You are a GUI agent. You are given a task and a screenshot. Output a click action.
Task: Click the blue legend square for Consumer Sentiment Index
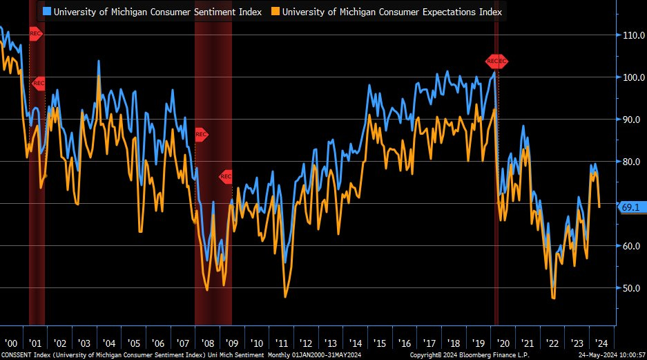[47, 12]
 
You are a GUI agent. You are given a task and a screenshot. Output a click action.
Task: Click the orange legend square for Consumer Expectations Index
[275, 12]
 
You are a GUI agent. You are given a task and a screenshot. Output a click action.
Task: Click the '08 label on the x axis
[208, 343]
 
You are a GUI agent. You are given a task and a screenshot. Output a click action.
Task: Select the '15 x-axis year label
[380, 343]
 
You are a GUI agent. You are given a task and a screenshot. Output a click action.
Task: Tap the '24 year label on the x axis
[601, 343]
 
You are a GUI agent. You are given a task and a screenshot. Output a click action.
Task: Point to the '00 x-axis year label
[11, 343]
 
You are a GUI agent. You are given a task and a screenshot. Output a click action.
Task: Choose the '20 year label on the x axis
[503, 343]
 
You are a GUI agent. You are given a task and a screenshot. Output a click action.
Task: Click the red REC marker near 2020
[496, 61]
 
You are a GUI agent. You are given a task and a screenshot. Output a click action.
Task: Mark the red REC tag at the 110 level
[36, 33]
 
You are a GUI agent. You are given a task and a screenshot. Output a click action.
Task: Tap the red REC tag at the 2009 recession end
[226, 176]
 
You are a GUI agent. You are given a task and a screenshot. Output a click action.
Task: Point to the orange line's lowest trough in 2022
[554, 298]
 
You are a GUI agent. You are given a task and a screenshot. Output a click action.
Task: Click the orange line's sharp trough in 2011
[285, 297]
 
